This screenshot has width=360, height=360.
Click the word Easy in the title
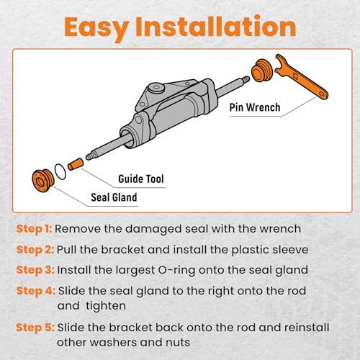pyautogui.click(x=96, y=27)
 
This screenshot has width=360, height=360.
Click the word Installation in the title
pyautogui.click(x=216, y=26)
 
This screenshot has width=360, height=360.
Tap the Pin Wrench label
pyautogui.click(x=255, y=107)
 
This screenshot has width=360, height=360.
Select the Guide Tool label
pyautogui.click(x=141, y=179)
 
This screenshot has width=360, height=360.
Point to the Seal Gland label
pyautogui.click(x=114, y=197)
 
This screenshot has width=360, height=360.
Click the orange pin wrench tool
pyautogui.click(x=301, y=77)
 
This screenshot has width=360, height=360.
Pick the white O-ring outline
pyautogui.click(x=60, y=171)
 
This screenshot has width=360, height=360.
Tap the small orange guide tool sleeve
pyautogui.click(x=76, y=164)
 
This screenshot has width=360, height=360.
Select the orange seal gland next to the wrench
pyautogui.click(x=262, y=71)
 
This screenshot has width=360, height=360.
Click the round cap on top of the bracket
pyautogui.click(x=156, y=89)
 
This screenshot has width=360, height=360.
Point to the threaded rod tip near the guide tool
pyautogui.click(x=90, y=156)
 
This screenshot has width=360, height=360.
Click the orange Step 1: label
pyautogui.click(x=34, y=229)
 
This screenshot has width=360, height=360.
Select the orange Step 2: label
pyautogui.click(x=35, y=250)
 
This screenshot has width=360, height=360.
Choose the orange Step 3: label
pyautogui.click(x=35, y=270)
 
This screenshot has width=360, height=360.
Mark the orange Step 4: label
pyautogui.click(x=36, y=291)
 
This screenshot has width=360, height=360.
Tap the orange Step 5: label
pyautogui.click(x=35, y=328)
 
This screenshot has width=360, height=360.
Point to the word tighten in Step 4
pyautogui.click(x=106, y=306)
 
